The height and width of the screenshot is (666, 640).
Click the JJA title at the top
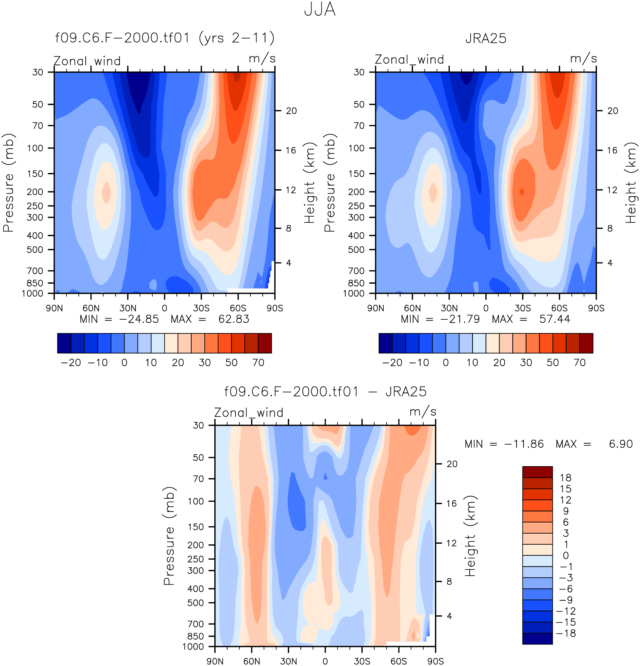tap(319, 10)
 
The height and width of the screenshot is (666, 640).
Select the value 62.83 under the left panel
tap(234, 319)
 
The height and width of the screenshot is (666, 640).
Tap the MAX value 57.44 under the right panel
tap(555, 319)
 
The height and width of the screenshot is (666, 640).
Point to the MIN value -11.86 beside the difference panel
tap(524, 444)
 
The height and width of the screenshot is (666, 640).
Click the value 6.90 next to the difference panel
tap(621, 444)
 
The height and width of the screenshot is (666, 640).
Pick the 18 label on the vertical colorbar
tap(566, 478)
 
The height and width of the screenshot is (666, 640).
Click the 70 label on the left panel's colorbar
tap(258, 362)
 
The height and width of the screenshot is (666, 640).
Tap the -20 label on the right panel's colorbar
tap(392, 362)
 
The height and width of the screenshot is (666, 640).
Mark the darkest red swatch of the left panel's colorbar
tap(265, 343)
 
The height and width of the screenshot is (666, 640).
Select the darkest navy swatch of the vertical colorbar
tap(537, 639)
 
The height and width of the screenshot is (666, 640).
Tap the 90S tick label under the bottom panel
tap(435, 661)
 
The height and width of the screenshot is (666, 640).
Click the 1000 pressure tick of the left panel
tap(33, 293)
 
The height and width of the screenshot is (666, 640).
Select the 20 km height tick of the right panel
tap(613, 111)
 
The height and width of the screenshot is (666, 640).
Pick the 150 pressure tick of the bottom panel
tap(196, 527)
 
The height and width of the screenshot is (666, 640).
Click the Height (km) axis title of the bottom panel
tap(471, 536)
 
